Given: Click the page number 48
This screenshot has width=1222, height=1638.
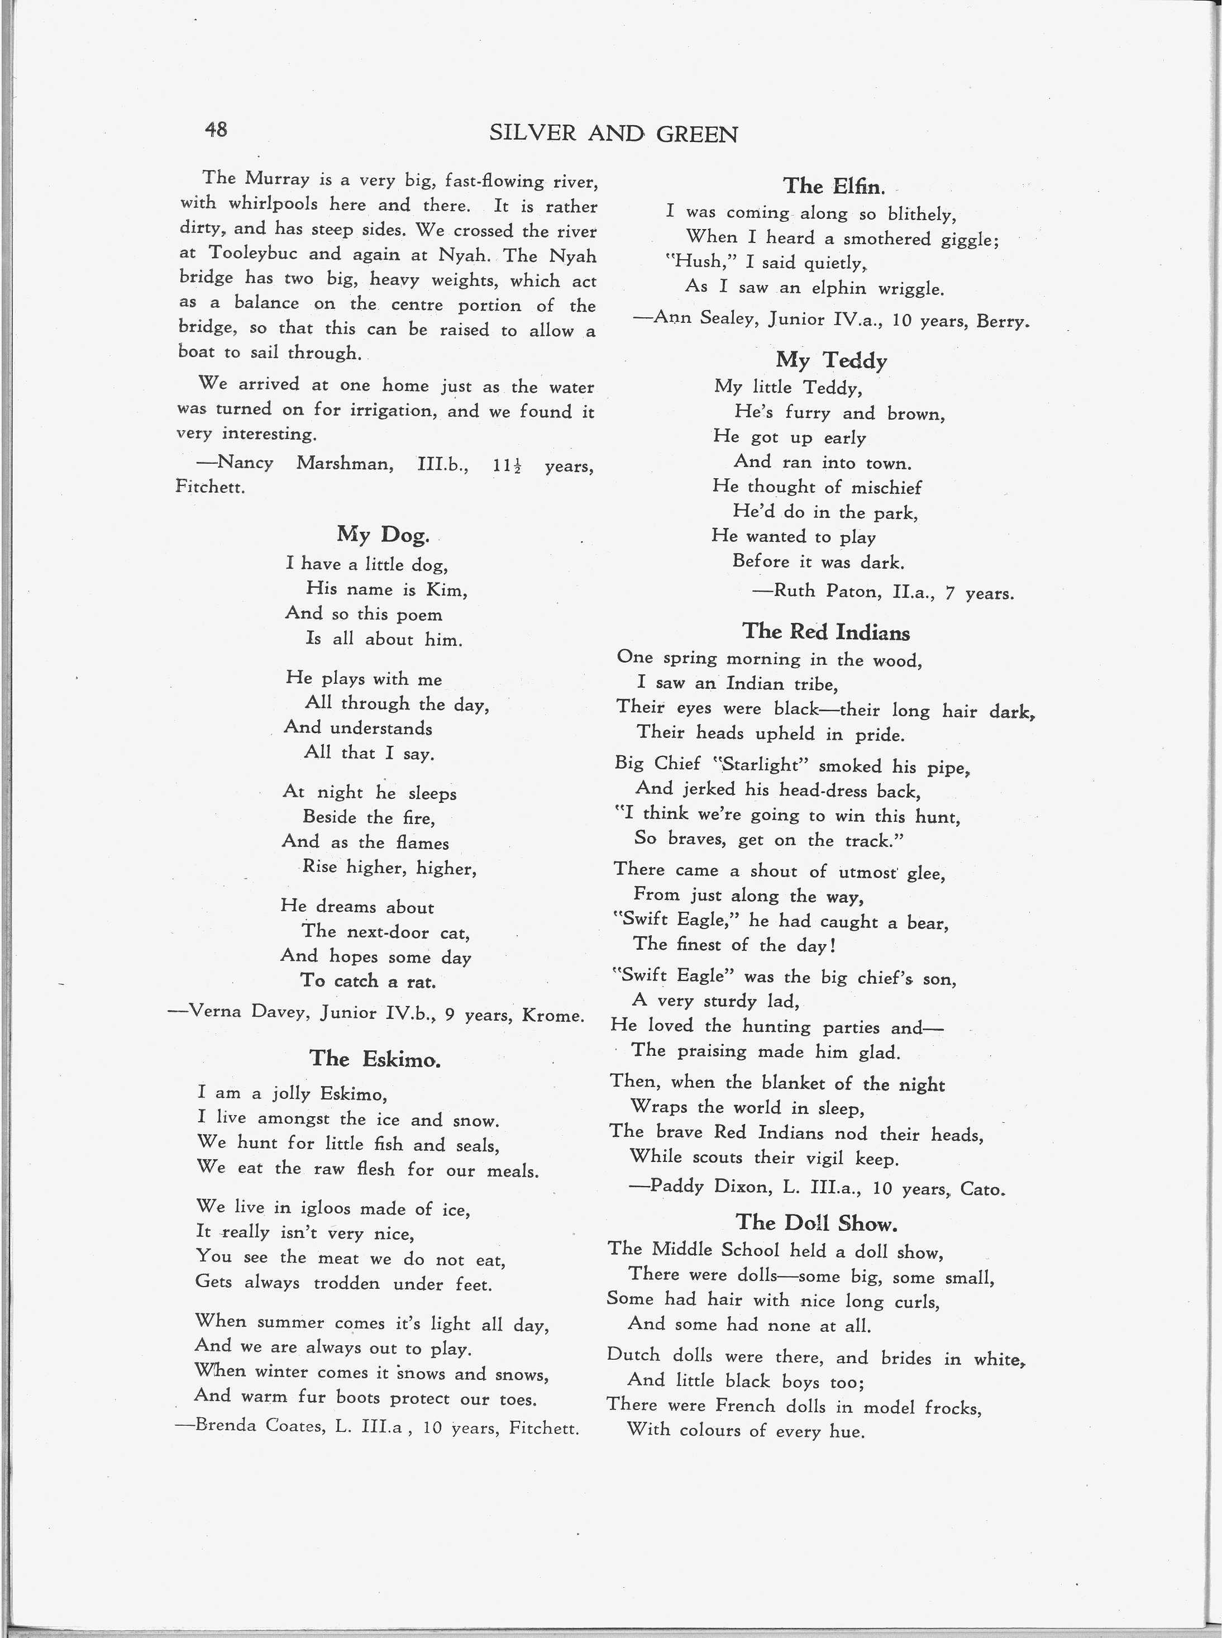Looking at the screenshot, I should (216, 130).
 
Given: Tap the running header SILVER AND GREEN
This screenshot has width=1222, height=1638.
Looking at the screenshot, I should (613, 134).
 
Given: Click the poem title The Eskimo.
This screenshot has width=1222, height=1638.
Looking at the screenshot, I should (375, 1059).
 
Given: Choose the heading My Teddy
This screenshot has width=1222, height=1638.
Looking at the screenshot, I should (832, 360).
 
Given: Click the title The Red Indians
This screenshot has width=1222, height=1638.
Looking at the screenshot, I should (825, 631).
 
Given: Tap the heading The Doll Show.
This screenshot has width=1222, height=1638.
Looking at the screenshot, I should (817, 1222).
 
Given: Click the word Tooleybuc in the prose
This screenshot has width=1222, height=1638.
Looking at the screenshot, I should (253, 254).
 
